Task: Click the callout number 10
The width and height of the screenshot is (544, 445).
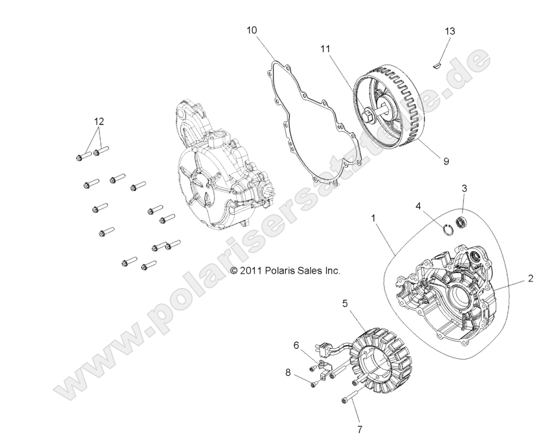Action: click(251, 30)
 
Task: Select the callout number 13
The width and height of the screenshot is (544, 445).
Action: click(449, 31)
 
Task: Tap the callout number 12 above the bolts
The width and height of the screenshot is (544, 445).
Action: click(99, 121)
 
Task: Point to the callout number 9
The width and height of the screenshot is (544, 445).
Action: click(446, 162)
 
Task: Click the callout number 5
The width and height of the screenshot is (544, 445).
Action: click(345, 303)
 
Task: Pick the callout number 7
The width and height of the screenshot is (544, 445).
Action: click(359, 430)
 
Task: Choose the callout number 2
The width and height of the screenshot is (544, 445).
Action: click(530, 278)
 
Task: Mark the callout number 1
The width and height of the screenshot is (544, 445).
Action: click(373, 217)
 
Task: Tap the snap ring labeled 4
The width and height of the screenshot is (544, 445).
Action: click(449, 228)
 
